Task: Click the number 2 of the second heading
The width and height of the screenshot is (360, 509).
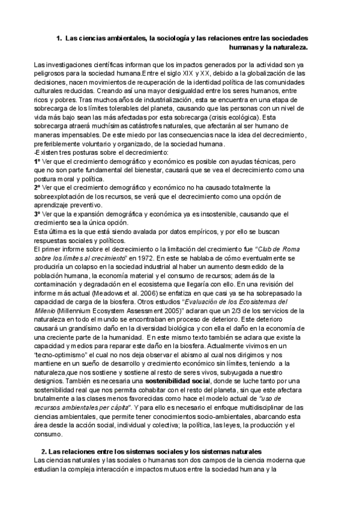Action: [43, 451]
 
